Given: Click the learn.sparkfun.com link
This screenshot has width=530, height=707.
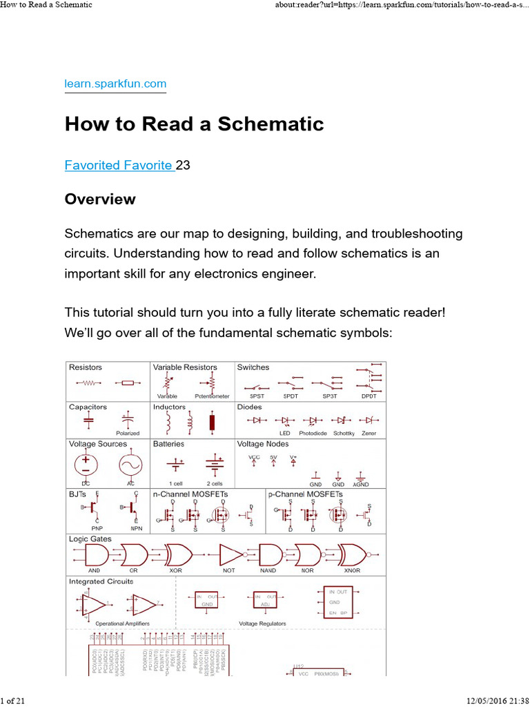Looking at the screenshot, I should pyautogui.click(x=115, y=84).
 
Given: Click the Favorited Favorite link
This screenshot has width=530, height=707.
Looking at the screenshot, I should pyautogui.click(x=119, y=165).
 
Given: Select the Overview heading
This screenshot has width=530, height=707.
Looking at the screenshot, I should pyautogui.click(x=100, y=200).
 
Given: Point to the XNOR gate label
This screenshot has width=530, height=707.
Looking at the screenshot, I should pyautogui.click(x=352, y=571).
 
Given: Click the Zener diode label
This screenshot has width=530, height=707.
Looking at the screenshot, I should pyautogui.click(x=369, y=434).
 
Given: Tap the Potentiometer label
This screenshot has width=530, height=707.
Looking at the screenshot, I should pyautogui.click(x=212, y=396).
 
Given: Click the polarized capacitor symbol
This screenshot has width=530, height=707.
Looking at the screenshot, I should pyautogui.click(x=127, y=419).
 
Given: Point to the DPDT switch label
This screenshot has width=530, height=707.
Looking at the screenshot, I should pyautogui.click(x=370, y=396).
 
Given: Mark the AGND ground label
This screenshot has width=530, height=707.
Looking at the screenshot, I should pyautogui.click(x=361, y=485).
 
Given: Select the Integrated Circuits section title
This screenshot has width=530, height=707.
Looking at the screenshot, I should pyautogui.click(x=101, y=581).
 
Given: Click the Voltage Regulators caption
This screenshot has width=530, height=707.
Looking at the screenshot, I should pyautogui.click(x=262, y=623).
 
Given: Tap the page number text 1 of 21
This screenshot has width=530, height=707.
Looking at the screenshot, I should pyautogui.click(x=13, y=701).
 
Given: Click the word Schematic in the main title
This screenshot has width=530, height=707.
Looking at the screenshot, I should pyautogui.click(x=271, y=124).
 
